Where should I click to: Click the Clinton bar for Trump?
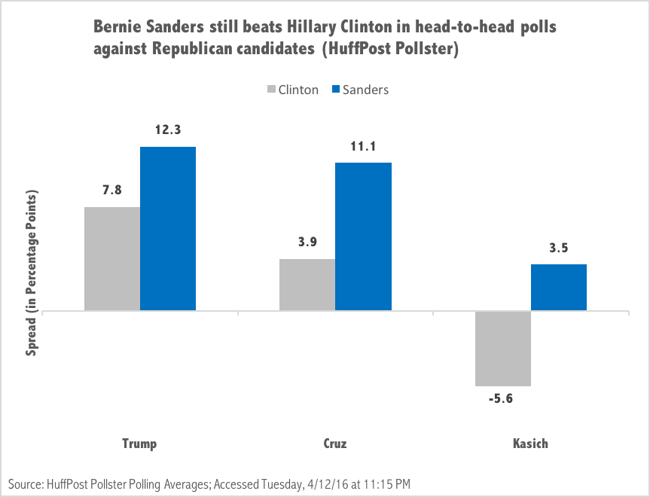tap(112, 258)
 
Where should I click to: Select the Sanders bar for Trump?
tap(168, 228)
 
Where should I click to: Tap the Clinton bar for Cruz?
tap(307, 285)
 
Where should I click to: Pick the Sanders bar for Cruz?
tap(363, 236)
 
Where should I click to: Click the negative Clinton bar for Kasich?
tap(502, 348)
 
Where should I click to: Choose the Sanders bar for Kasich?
tap(559, 287)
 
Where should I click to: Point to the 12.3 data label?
tap(168, 130)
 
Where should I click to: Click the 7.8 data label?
tap(112, 191)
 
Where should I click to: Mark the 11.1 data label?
tap(363, 146)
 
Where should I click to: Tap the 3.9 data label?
tap(307, 242)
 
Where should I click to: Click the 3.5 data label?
tap(559, 248)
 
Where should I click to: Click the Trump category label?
tap(139, 443)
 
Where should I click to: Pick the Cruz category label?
tap(335, 443)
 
